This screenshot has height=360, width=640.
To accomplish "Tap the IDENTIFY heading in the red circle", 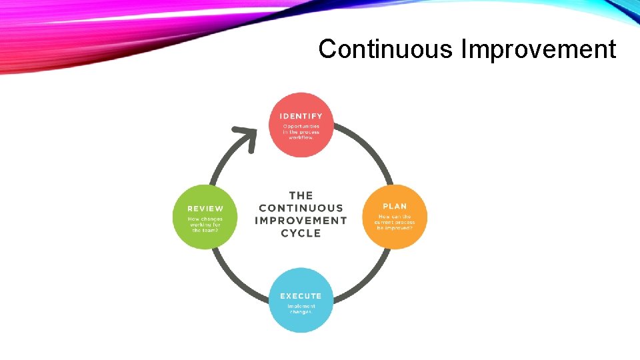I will coord(301,116).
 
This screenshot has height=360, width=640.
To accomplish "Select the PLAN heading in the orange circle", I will coord(395,206).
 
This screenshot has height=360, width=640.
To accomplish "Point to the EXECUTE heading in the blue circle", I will coord(301,295).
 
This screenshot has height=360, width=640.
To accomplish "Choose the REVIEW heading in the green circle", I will coord(205,209).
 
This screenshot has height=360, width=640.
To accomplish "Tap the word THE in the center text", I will coord(301,195).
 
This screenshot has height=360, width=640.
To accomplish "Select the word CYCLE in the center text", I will coord(301,233).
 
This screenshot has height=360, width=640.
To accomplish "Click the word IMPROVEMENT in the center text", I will coord(301,220).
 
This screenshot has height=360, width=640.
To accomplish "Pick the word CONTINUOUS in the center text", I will coord(301,208).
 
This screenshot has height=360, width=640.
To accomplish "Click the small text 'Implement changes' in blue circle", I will coord(301,309).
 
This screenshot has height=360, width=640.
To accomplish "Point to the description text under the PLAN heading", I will coord(395,222).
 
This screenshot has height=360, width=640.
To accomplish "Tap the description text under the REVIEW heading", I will coord(205,225).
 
